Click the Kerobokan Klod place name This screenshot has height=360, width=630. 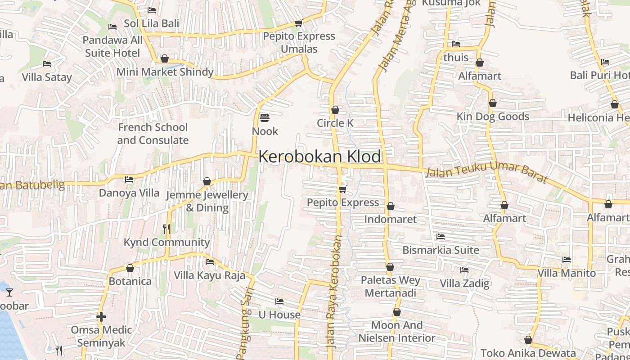319,157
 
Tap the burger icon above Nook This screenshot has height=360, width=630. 265,118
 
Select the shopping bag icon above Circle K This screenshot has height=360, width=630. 335,110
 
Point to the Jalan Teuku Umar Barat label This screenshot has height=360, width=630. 486,174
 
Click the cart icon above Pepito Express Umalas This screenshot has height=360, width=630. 298,23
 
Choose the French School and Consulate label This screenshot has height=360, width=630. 153,134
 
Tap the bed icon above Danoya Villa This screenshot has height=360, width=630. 129,180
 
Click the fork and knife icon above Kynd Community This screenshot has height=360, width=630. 166,229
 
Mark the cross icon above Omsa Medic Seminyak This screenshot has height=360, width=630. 101,317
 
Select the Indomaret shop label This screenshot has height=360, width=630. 390,220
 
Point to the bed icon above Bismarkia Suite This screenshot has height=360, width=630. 440,236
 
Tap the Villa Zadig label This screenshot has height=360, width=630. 464,283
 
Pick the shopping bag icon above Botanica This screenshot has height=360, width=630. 130,268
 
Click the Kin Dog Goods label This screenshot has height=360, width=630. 493,117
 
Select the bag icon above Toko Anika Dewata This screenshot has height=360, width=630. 528,340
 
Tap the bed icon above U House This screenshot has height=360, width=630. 279,301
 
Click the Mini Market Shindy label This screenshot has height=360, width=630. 165,72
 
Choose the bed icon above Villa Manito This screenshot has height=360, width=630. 566,260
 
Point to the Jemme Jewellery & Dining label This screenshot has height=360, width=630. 207,201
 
